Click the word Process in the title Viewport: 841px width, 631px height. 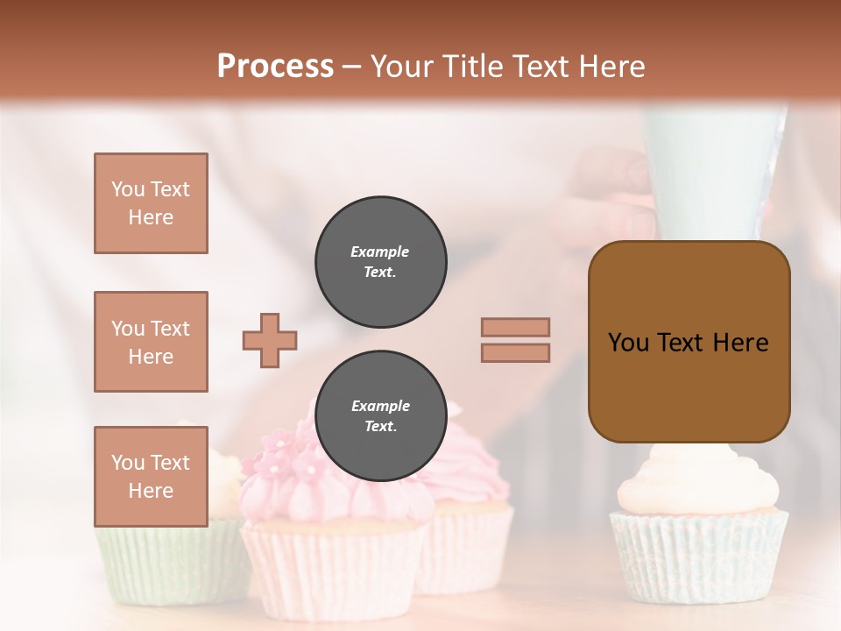(x=275, y=67)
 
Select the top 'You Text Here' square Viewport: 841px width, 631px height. (x=151, y=203)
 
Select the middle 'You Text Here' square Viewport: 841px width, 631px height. (x=151, y=342)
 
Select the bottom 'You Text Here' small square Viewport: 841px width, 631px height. (x=151, y=477)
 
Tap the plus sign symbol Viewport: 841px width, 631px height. (x=270, y=340)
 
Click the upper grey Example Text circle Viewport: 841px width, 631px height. (x=381, y=261)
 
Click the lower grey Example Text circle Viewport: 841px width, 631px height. (x=381, y=416)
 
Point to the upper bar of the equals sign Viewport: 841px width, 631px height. (x=516, y=327)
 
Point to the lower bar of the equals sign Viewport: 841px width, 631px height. (x=516, y=352)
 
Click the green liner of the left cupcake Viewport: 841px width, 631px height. (x=166, y=561)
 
